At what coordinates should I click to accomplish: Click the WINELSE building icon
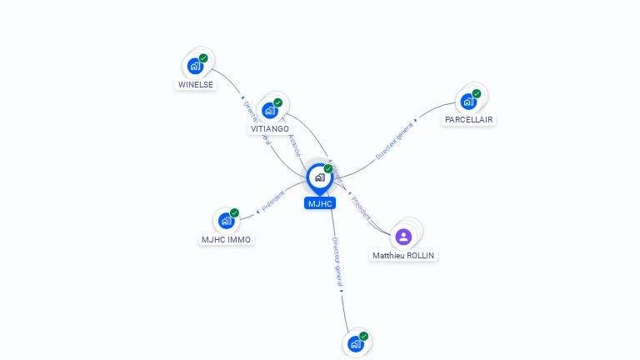coord(195,66)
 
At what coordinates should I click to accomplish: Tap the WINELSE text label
coord(196,84)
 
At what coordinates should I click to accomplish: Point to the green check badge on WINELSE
coord(203,58)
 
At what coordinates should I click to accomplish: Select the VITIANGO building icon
coord(269,110)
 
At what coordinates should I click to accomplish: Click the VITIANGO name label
coord(270,129)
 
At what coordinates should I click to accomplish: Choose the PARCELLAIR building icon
coord(468,102)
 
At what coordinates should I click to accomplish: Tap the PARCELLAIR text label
coord(468,120)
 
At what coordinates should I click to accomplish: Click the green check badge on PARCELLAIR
coord(477,93)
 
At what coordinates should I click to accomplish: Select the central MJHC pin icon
coord(319,177)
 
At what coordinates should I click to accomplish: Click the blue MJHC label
coord(320,203)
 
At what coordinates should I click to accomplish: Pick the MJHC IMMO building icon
coord(226,221)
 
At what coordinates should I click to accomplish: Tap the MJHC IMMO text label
coord(226,239)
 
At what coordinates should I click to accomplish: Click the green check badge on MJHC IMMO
coord(234,213)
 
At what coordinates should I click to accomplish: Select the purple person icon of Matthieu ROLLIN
coord(403,237)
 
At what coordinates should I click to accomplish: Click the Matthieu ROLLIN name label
coord(403,255)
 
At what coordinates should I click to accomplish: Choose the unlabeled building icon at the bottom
coord(355,343)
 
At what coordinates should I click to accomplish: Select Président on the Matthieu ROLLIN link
coord(362,206)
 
